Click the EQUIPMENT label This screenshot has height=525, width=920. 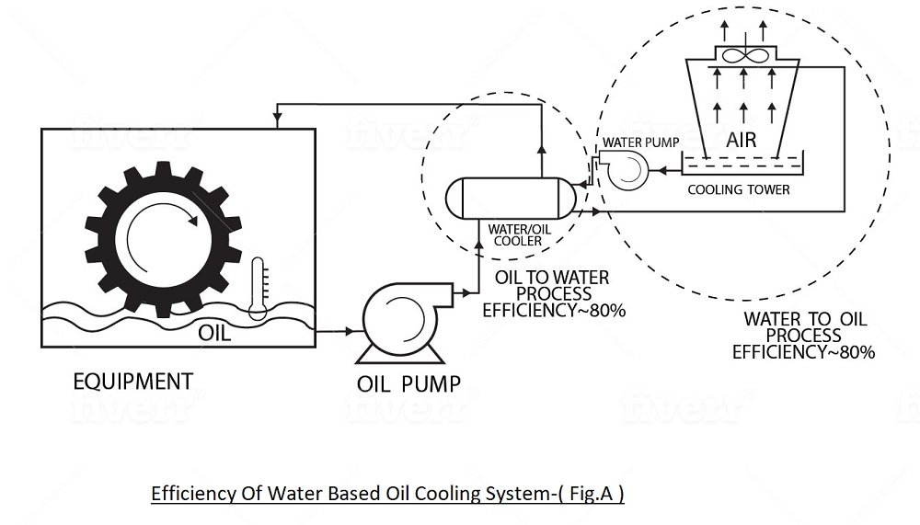[133, 380]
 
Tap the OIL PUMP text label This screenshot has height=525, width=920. [408, 382]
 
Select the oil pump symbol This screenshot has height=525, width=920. [397, 318]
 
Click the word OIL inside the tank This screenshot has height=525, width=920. [214, 333]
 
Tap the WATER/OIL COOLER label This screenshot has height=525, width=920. [513, 234]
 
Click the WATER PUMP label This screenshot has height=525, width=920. [633, 143]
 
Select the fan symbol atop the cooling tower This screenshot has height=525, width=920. [742, 55]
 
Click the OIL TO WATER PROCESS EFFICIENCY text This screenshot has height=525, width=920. [552, 293]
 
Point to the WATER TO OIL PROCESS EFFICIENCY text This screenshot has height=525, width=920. [803, 335]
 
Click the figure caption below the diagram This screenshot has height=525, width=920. [387, 494]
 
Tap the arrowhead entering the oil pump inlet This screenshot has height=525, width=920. [351, 330]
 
